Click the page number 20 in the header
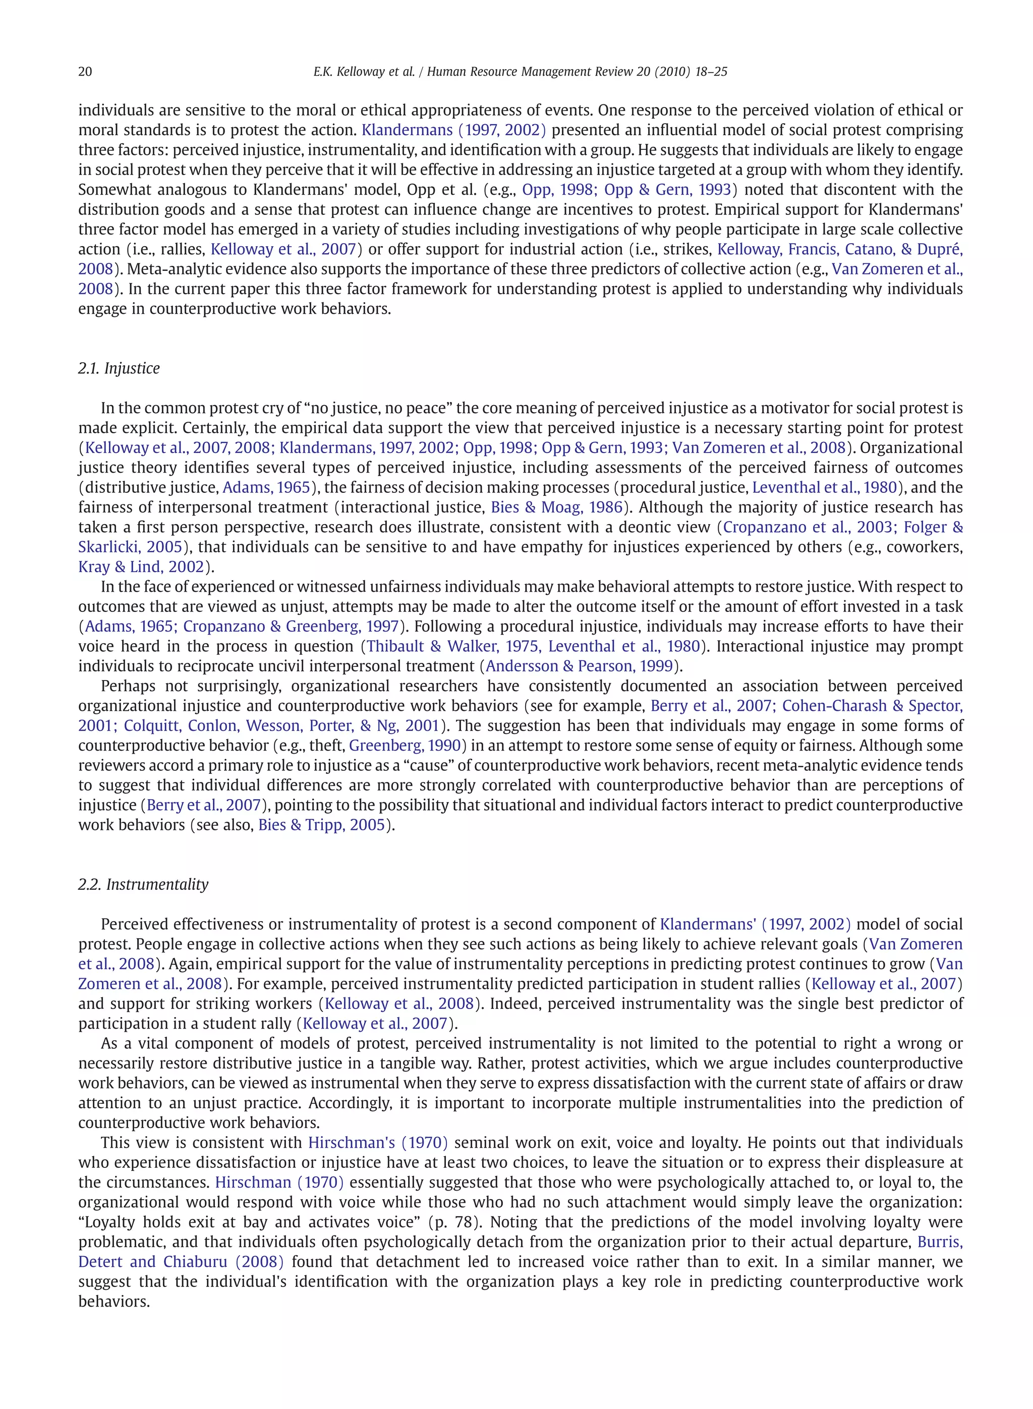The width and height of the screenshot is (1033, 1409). tap(85, 72)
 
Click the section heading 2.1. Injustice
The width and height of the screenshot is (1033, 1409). tap(119, 368)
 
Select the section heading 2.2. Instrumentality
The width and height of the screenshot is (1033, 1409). tap(143, 884)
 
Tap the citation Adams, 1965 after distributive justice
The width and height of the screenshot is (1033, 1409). tap(266, 488)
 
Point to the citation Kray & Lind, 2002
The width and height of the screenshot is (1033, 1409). tap(141, 567)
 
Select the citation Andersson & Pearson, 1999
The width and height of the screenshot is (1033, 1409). tap(579, 666)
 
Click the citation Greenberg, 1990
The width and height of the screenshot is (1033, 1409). tap(405, 746)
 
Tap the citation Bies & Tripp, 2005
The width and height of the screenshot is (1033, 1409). tap(321, 825)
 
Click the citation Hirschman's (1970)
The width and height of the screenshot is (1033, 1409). tap(378, 1143)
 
